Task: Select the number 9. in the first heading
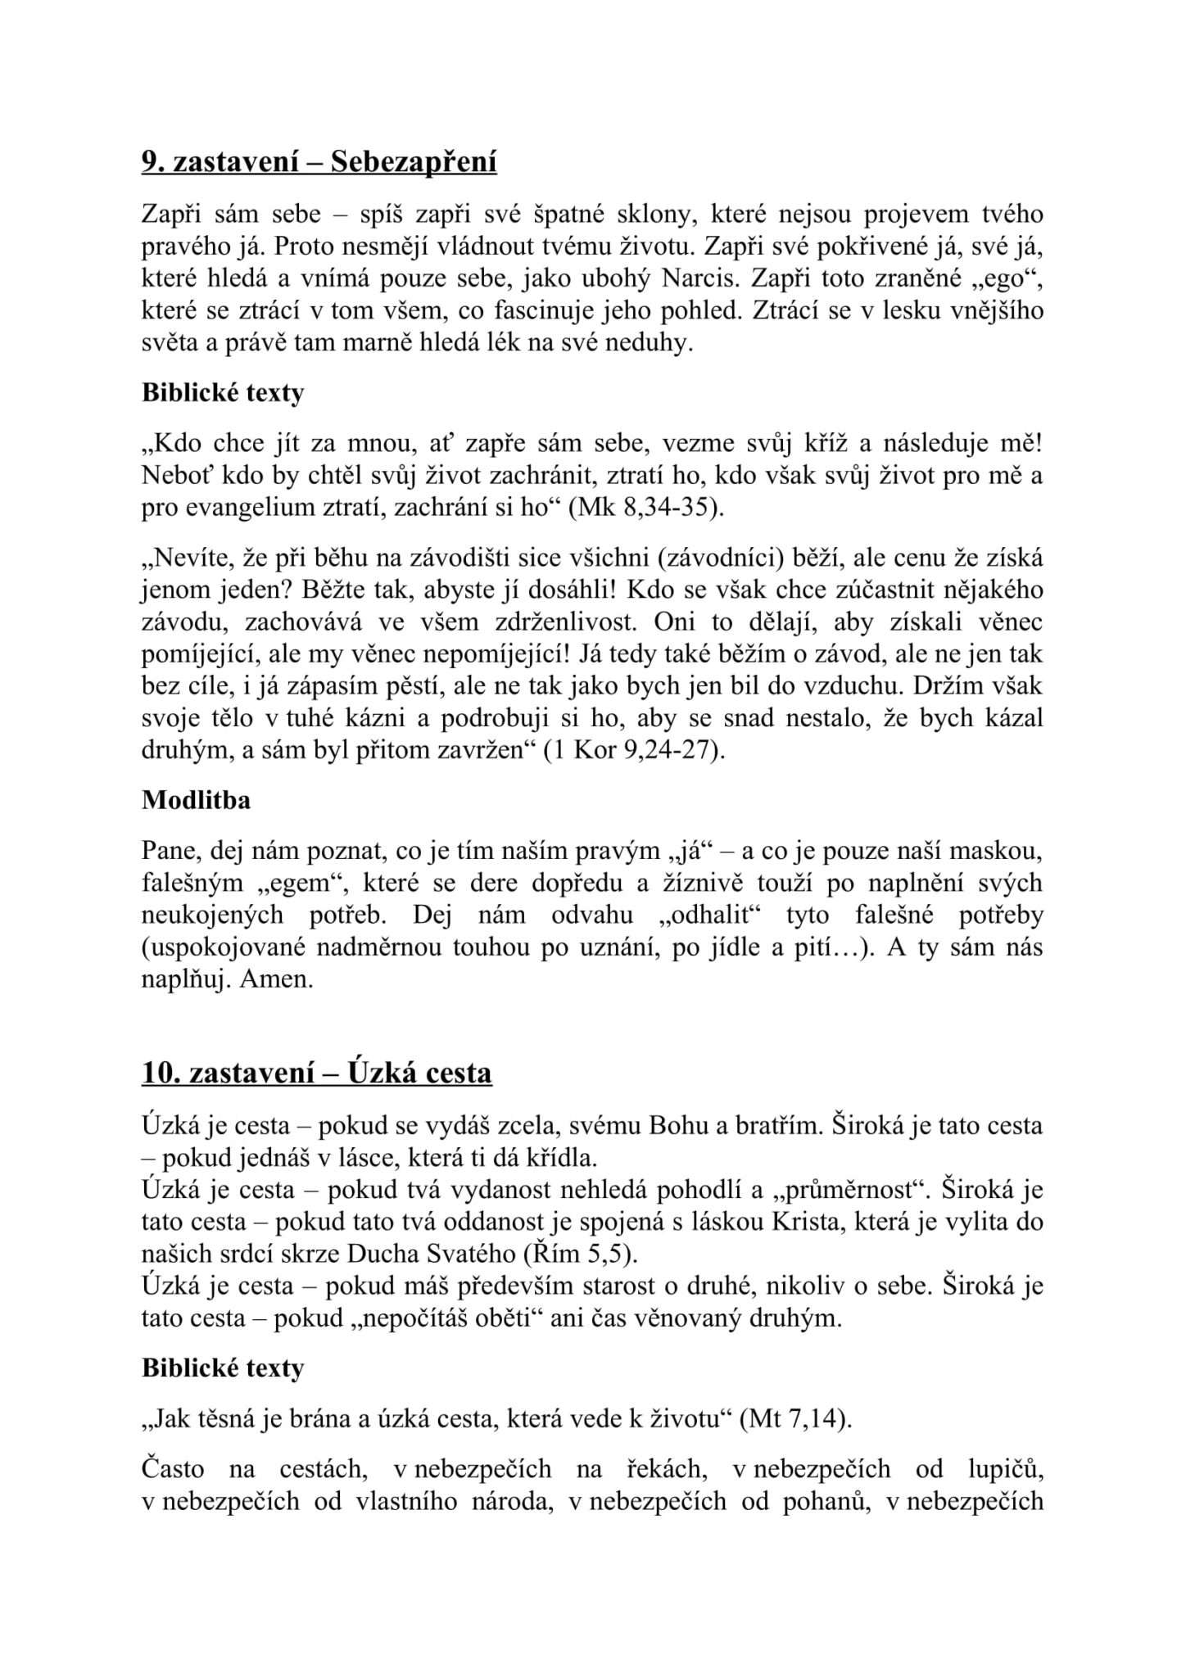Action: point(153,163)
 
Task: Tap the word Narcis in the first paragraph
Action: point(696,279)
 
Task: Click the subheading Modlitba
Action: point(196,800)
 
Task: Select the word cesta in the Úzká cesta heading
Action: point(459,1074)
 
